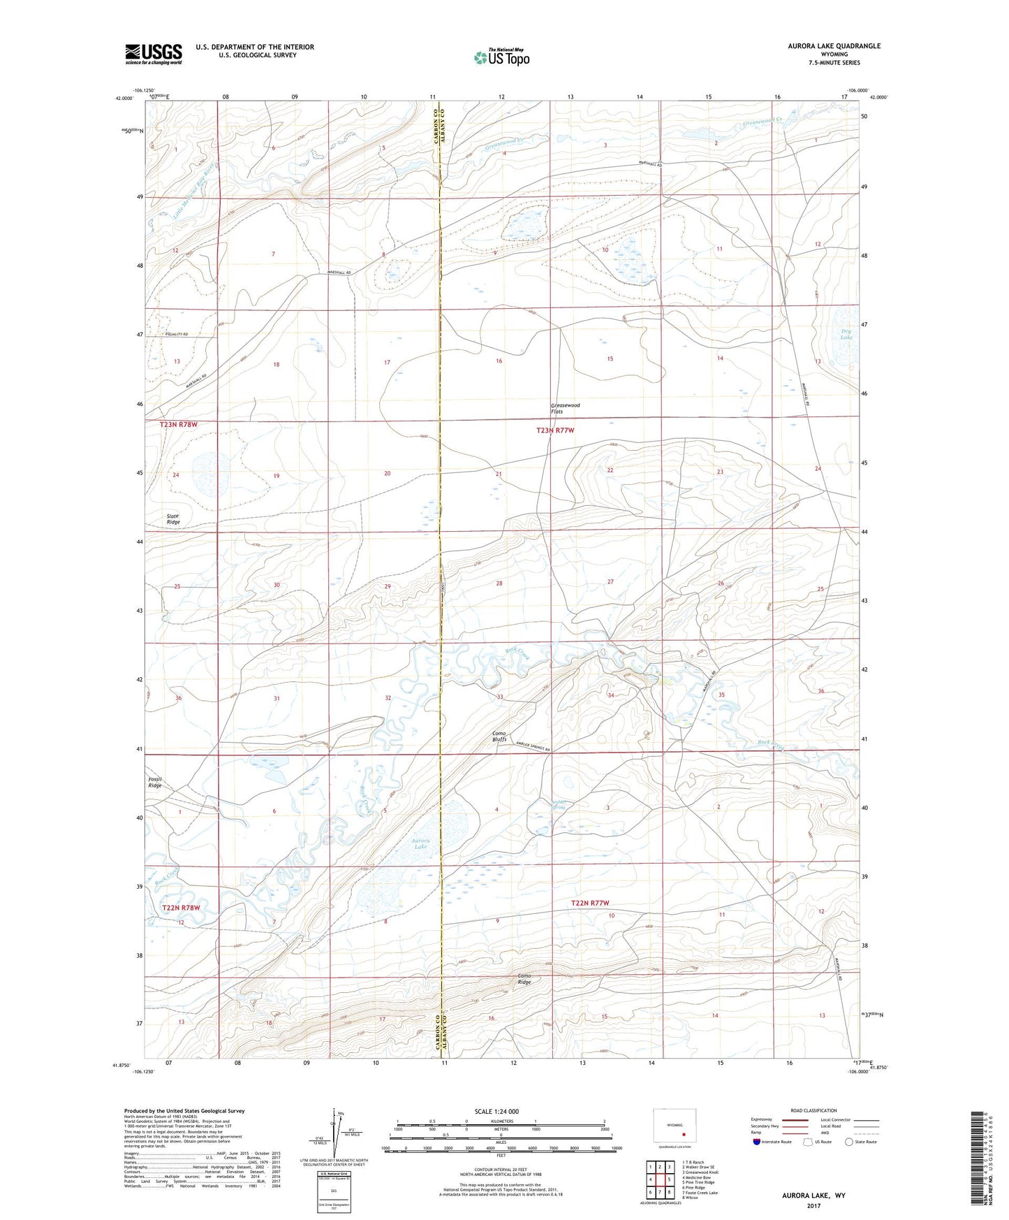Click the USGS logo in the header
[154, 54]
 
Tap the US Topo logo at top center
[501, 57]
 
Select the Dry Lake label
[846, 334]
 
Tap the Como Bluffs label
[499, 736]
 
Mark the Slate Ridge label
[173, 519]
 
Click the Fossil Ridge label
[154, 782]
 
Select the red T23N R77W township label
[555, 430]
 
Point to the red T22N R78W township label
[181, 908]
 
